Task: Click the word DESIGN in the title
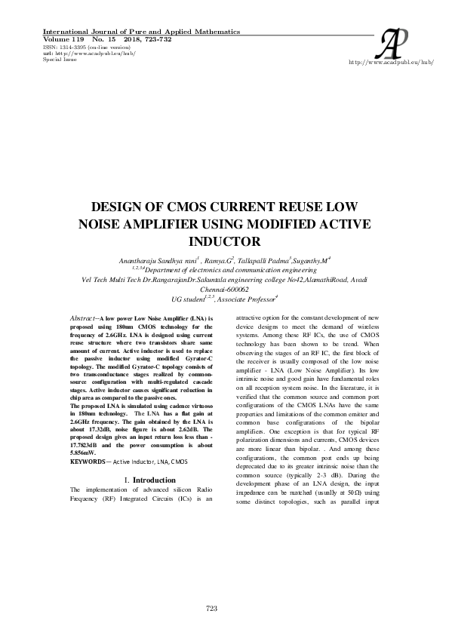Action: (121, 207)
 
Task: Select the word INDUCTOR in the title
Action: (224, 241)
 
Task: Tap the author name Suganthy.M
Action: (316, 259)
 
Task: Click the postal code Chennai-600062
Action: (224, 288)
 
